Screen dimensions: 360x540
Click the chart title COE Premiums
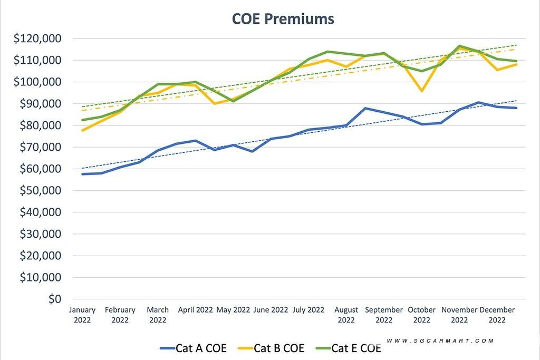(283, 19)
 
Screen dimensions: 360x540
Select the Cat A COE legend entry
(193, 348)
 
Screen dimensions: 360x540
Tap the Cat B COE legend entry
(271, 348)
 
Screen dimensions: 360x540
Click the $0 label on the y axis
(55, 299)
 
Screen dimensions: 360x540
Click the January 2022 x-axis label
(82, 315)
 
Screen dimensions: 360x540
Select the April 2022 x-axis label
(195, 310)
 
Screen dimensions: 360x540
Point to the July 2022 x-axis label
(308, 310)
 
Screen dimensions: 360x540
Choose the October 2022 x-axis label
(422, 315)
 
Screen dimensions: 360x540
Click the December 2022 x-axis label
(497, 315)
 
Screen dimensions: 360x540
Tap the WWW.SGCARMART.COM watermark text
(440, 341)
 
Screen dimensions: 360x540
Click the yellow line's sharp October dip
(422, 91)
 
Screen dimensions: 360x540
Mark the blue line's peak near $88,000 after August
(365, 108)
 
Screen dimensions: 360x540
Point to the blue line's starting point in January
(83, 174)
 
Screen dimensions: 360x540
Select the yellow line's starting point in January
(83, 130)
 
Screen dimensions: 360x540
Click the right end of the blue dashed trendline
(516, 101)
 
